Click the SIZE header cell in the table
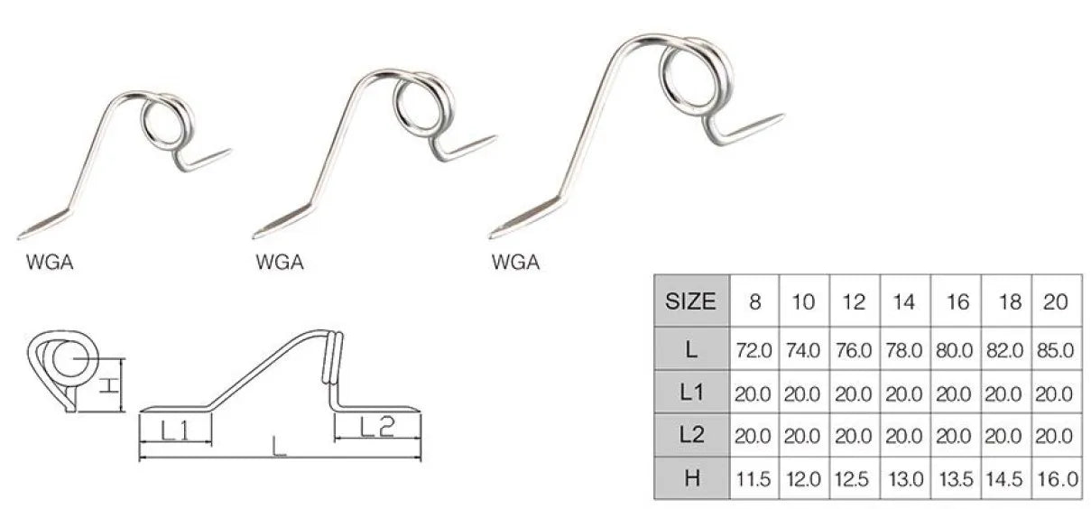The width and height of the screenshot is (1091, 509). [691, 301]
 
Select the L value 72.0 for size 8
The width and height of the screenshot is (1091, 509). [754, 348]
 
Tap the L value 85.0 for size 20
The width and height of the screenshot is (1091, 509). [1056, 348]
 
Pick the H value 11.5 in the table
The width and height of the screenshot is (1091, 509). [754, 478]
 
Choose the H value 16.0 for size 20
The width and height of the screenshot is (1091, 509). [1056, 478]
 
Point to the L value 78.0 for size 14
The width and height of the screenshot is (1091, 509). [905, 348]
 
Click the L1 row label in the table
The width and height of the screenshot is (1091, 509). [691, 392]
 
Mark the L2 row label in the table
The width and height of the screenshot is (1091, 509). [691, 435]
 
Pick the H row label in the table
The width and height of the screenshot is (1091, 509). [691, 478]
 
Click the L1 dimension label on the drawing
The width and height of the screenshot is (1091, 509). [174, 431]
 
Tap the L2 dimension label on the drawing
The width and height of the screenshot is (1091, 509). [376, 428]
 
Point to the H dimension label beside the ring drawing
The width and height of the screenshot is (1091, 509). [107, 386]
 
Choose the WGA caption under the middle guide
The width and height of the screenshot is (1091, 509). [279, 263]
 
